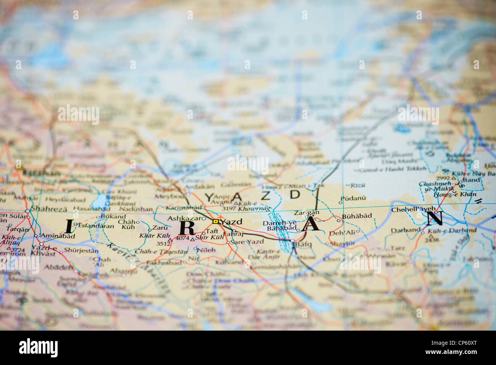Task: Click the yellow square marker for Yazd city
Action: [216, 221]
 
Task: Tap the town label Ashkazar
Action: [181, 219]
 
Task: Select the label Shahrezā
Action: [48, 209]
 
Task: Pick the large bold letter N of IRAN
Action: [435, 218]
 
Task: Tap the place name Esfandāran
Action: [96, 226]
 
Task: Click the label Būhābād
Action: [357, 216]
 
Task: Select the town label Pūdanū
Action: [353, 198]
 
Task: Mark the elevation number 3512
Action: [163, 243]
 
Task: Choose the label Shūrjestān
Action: [81, 251]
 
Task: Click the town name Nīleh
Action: [206, 250]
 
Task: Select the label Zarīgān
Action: [306, 213]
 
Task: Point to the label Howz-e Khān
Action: [455, 194]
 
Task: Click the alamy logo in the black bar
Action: [38, 348]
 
